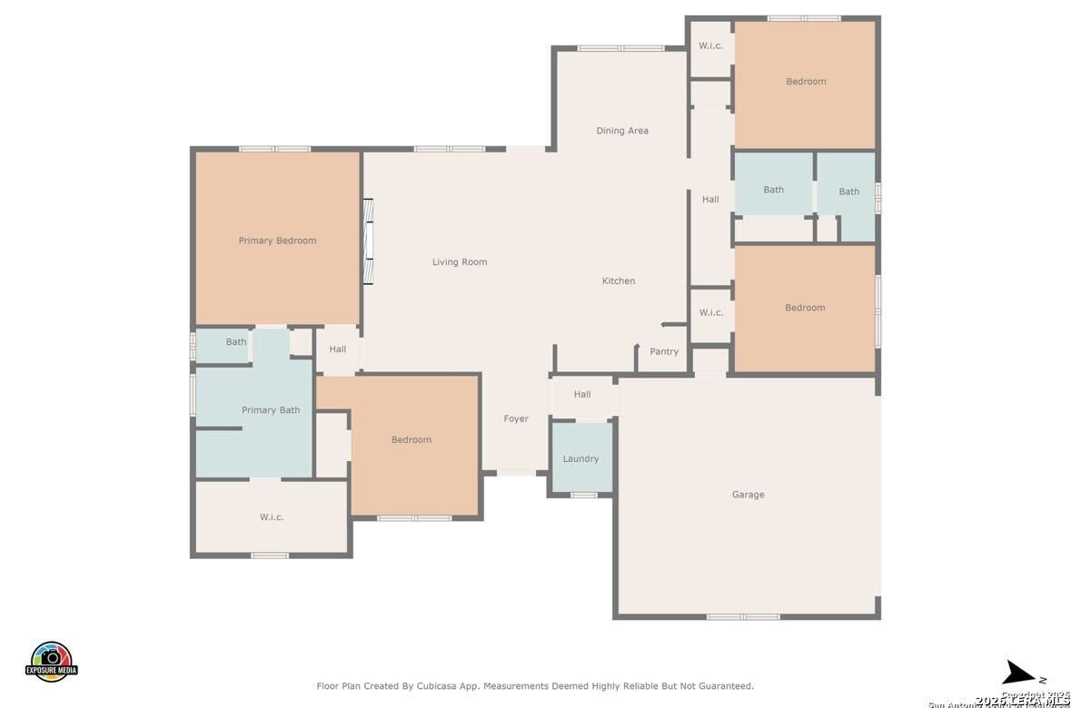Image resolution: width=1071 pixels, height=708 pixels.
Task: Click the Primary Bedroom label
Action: [x=277, y=241]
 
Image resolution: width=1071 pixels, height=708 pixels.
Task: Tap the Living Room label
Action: [x=460, y=262]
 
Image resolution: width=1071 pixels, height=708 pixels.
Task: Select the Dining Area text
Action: [x=622, y=131]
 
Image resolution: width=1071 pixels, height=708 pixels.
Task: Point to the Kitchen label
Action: [x=619, y=281]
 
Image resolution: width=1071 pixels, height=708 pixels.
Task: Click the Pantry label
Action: [x=664, y=352]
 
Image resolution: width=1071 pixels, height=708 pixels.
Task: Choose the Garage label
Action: [x=748, y=495]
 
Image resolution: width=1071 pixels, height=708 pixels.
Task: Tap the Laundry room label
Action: [x=580, y=459]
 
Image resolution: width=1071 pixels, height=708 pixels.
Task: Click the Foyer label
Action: [x=516, y=419]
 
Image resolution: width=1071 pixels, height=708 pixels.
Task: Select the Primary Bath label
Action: [x=271, y=410]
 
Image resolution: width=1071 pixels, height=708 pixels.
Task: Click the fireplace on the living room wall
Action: [x=368, y=241]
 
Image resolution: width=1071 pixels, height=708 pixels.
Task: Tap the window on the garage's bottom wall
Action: [x=743, y=617]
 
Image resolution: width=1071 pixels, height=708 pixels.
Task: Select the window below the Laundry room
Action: [x=583, y=495]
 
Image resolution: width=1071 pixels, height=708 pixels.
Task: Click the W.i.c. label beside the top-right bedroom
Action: [x=710, y=45]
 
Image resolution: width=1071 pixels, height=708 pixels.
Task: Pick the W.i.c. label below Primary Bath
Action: [x=272, y=517]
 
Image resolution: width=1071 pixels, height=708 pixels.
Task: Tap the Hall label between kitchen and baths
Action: [x=710, y=200]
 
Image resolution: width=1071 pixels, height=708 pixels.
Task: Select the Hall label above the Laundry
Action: [x=582, y=395]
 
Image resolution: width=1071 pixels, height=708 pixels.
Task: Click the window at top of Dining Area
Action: [x=620, y=48]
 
